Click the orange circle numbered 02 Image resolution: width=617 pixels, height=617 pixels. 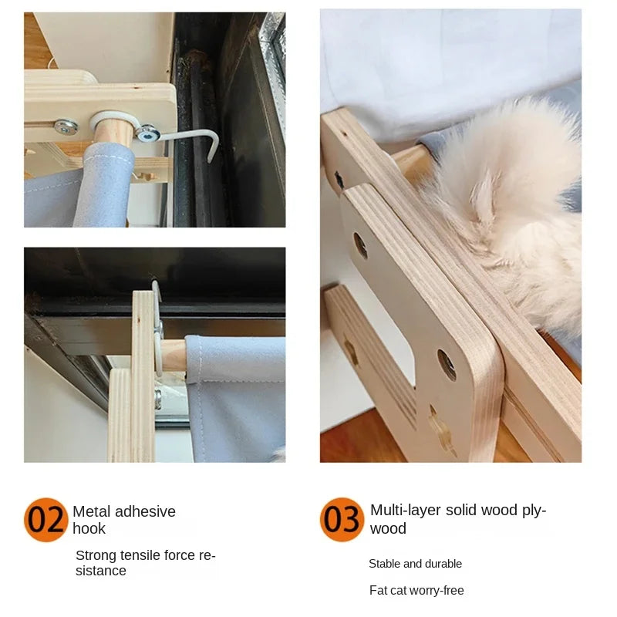[46, 519]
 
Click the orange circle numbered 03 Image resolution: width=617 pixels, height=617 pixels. [342, 519]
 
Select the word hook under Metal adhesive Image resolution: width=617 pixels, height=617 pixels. [89, 528]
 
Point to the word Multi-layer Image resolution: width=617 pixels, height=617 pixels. [406, 510]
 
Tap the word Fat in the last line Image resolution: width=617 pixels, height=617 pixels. [378, 590]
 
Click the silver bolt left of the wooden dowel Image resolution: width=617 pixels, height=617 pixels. [66, 126]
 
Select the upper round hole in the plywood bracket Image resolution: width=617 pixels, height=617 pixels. [360, 245]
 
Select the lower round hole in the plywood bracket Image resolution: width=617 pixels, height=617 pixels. [447, 364]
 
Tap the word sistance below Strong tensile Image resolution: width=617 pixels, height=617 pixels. [101, 571]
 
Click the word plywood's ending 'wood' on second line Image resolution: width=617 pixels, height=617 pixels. [388, 528]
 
